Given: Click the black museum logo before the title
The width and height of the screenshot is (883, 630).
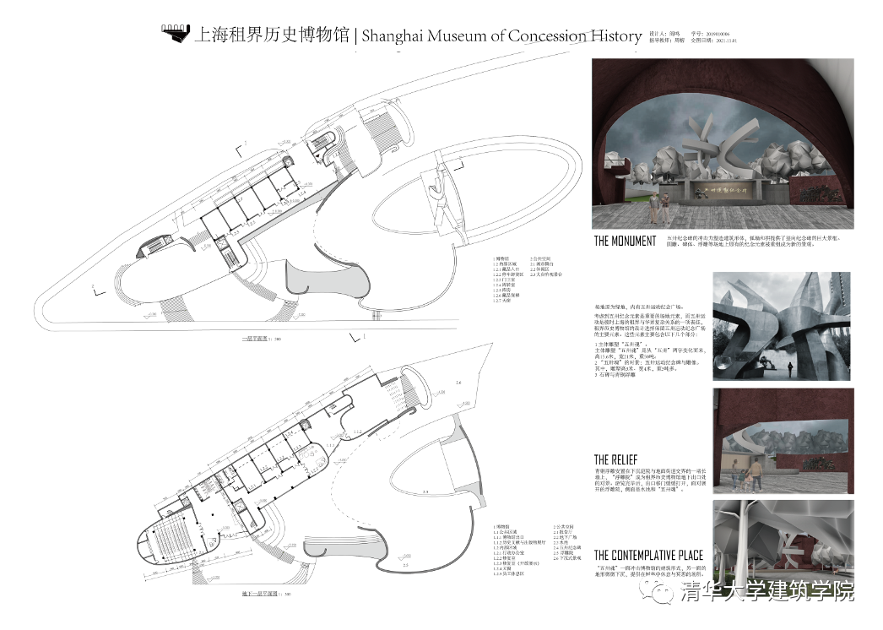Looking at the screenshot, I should [x=176, y=35].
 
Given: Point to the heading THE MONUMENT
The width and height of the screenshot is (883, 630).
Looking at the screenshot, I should [x=625, y=242].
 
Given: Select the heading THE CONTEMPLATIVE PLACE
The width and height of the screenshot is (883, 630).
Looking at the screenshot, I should [x=648, y=555].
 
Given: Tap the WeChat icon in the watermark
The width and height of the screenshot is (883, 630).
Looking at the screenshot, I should [x=659, y=593].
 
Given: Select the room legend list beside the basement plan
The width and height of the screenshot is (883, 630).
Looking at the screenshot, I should [x=523, y=550].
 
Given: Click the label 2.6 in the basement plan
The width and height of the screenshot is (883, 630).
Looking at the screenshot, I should [x=458, y=383].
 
